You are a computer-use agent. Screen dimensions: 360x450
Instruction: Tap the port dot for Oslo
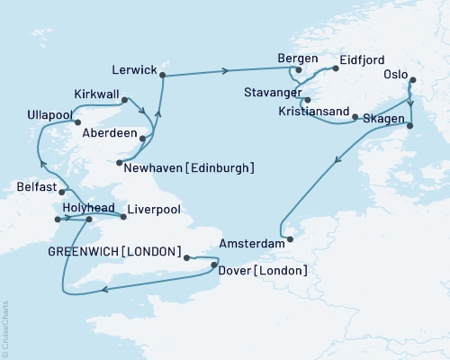pyautogui.click(x=411, y=82)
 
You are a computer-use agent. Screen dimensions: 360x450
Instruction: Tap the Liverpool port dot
pyautogui.click(x=122, y=215)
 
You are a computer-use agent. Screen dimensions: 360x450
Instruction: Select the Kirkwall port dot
pyautogui.click(x=123, y=101)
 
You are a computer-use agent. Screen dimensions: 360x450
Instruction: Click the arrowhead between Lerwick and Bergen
pyautogui.click(x=223, y=70)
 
